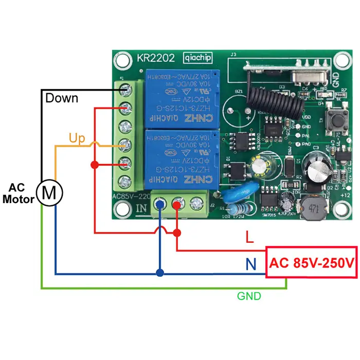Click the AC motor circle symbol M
tap(49, 193)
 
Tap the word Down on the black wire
tap(62, 98)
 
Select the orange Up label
tap(76, 138)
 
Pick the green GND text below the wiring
tap(249, 296)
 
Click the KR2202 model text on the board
tap(156, 59)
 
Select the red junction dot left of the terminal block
tap(95, 165)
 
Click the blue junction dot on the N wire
tap(160, 273)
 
